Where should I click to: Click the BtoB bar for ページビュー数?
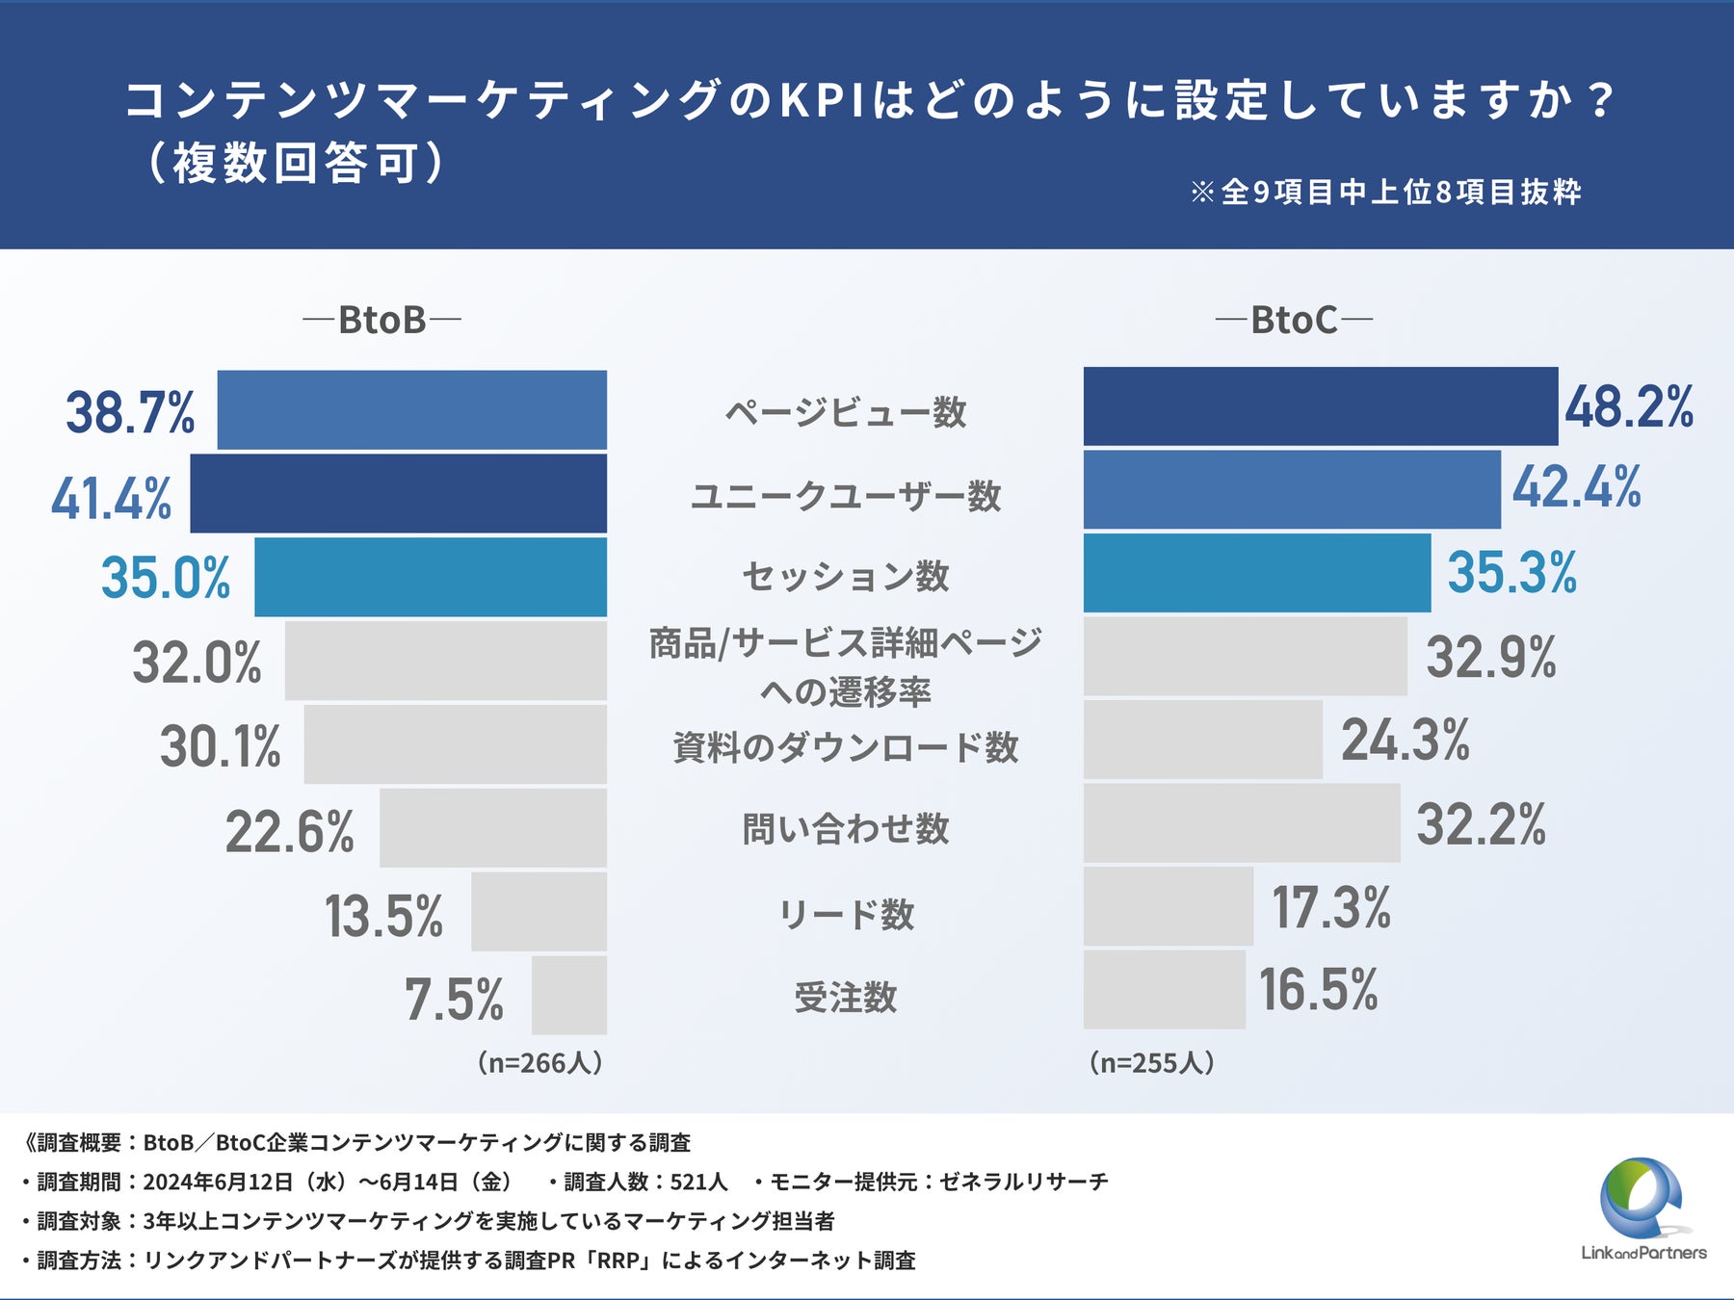(412, 410)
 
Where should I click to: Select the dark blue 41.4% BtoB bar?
(399, 494)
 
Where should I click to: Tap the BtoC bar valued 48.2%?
(1320, 406)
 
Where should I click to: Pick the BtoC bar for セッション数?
(1257, 573)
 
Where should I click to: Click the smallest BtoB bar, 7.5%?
(569, 995)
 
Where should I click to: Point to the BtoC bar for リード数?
(1169, 906)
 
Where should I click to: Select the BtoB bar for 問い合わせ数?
(493, 828)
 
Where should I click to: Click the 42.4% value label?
(1576, 487)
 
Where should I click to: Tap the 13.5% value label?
(383, 916)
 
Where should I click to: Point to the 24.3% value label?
(1406, 740)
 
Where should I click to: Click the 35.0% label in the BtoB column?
(166, 578)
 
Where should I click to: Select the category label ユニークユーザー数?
(846, 496)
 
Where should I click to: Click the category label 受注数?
(846, 997)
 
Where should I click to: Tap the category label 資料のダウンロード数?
(846, 747)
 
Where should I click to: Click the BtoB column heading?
(382, 320)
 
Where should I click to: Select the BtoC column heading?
(1294, 320)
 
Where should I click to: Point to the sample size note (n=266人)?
(539, 1062)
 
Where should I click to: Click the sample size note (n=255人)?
(1151, 1062)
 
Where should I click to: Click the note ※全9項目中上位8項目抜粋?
(1385, 192)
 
